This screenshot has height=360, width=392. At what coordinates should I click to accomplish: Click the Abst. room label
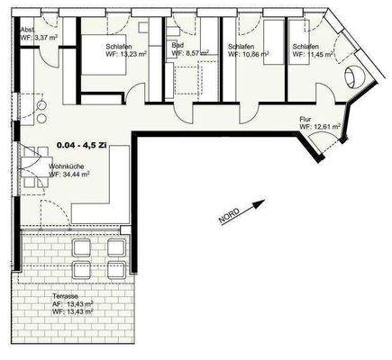pos(27,29)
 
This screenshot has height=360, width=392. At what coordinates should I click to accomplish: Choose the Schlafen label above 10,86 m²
pos(241,45)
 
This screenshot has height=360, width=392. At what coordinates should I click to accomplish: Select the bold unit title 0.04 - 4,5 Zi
pos(80,144)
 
